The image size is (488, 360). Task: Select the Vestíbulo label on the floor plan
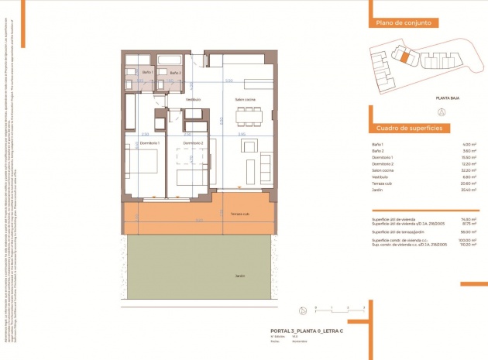[193, 99]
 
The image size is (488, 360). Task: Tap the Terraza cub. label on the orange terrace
[239, 214]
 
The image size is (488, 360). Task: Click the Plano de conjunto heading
[403, 23]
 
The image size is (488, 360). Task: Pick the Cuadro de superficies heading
[408, 127]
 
